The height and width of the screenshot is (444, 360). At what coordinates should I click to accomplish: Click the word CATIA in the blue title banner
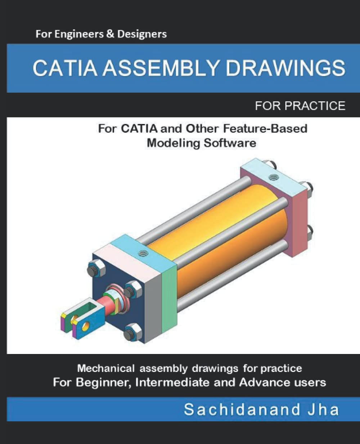64,68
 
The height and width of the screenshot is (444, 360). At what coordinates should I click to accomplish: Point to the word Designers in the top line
142,34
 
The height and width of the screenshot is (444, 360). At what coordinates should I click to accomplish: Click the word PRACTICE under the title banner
315,106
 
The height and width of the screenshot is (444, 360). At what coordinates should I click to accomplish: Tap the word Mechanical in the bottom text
106,368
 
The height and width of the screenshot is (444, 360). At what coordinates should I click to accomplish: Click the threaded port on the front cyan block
143,253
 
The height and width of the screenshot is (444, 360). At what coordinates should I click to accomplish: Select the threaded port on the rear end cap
274,177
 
